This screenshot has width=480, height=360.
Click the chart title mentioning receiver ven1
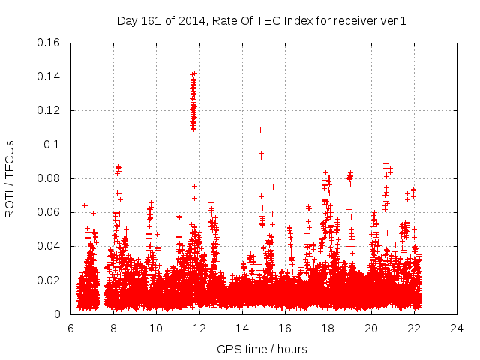click(x=261, y=21)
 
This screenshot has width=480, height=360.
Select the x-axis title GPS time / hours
click(x=262, y=349)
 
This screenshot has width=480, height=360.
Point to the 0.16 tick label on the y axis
click(x=49, y=43)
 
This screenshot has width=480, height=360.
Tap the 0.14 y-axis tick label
click(x=49, y=76)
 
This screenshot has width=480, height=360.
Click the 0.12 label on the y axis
click(x=49, y=110)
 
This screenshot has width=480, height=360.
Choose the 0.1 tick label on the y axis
click(x=52, y=145)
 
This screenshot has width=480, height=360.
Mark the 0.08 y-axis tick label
click(x=49, y=178)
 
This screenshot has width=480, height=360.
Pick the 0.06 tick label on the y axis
click(x=49, y=212)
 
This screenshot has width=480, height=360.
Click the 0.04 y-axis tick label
click(x=49, y=246)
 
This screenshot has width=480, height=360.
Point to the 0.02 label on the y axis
click(x=49, y=280)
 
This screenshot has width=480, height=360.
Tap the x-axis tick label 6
click(x=70, y=328)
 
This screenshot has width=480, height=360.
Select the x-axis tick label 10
click(x=156, y=328)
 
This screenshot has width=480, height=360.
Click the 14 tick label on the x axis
click(x=242, y=328)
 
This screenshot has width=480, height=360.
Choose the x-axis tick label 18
click(x=328, y=328)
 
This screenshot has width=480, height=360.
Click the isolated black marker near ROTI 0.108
click(x=260, y=130)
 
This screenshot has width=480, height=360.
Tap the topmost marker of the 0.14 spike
click(x=193, y=73)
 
